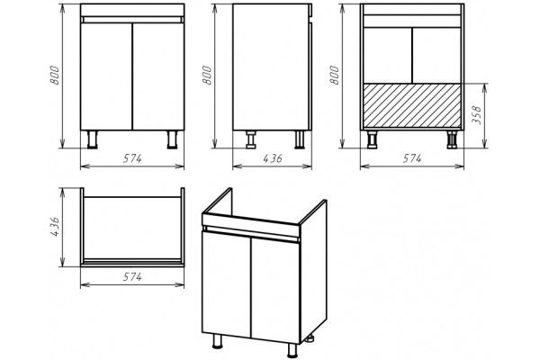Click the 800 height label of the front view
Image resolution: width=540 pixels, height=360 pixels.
pos(55,75)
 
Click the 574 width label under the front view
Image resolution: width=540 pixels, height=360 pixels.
pos(132,158)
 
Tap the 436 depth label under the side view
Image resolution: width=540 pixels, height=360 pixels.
pos(273,158)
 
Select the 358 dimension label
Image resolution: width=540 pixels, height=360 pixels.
pos(478,116)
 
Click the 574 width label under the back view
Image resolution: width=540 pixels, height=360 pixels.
pos(412,158)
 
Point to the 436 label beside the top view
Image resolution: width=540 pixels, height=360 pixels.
pos(55,227)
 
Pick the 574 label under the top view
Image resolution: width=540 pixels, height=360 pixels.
pos(132,276)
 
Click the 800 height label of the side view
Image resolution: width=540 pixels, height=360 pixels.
pos(207,75)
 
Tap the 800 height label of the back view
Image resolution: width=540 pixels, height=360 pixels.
pos(335,75)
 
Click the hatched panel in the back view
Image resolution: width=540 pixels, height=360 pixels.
pos(412,105)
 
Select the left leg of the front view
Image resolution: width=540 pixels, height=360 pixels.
pos(93,139)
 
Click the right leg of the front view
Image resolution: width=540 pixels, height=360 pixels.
pos(172,139)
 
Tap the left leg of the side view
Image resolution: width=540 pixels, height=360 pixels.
pos(251,139)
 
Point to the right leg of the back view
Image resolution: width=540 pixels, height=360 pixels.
pos(452,139)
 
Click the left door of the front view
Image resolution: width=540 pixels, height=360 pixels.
pos(106,76)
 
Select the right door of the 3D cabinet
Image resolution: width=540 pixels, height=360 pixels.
pos(275,290)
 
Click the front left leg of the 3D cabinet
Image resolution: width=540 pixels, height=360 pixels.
pos(217,341)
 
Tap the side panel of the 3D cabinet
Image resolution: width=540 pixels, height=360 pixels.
pos(314,270)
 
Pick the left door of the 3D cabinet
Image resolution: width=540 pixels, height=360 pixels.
pos(226,283)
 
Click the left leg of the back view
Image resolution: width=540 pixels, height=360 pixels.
pos(372,139)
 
